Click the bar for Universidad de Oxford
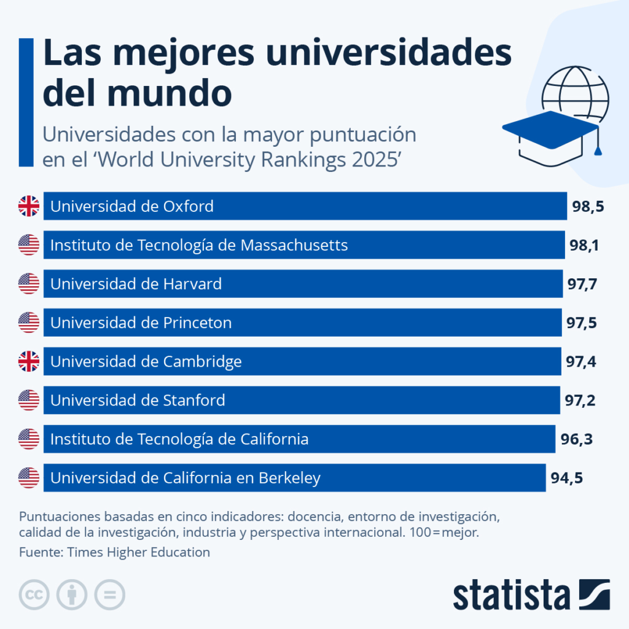pyautogui.click(x=305, y=206)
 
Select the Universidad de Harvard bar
pyautogui.click(x=303, y=284)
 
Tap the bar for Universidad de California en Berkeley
pyautogui.click(x=294, y=478)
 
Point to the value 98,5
pyautogui.click(x=588, y=206)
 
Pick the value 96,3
pyautogui.click(x=576, y=439)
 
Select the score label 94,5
pyautogui.click(x=566, y=478)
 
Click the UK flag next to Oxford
pyautogui.click(x=29, y=206)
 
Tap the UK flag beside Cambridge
pyautogui.click(x=29, y=362)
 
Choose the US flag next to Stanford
pyautogui.click(x=29, y=400)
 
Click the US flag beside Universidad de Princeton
pyautogui.click(x=29, y=322)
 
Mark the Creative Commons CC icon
pyautogui.click(x=34, y=595)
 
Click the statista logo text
pyautogui.click(x=512, y=594)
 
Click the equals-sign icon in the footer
pyautogui.click(x=109, y=595)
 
